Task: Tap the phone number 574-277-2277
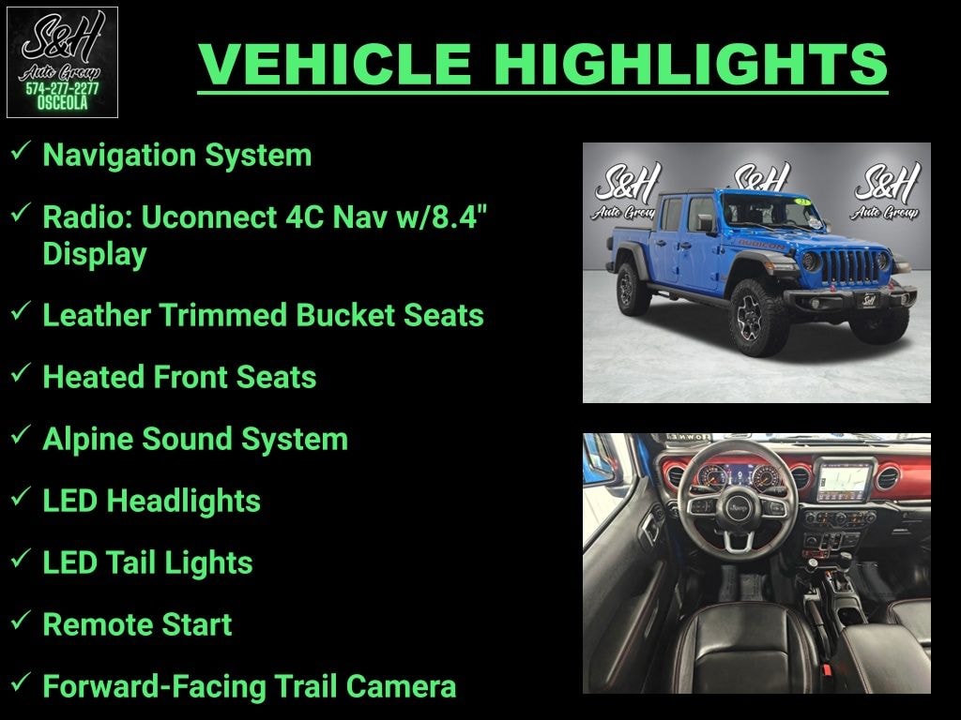[62, 89]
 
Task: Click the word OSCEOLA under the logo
[62, 103]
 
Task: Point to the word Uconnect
[209, 217]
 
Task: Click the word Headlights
[183, 501]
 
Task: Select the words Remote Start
[137, 624]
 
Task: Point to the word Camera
[401, 686]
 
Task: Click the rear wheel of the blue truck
[633, 289]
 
